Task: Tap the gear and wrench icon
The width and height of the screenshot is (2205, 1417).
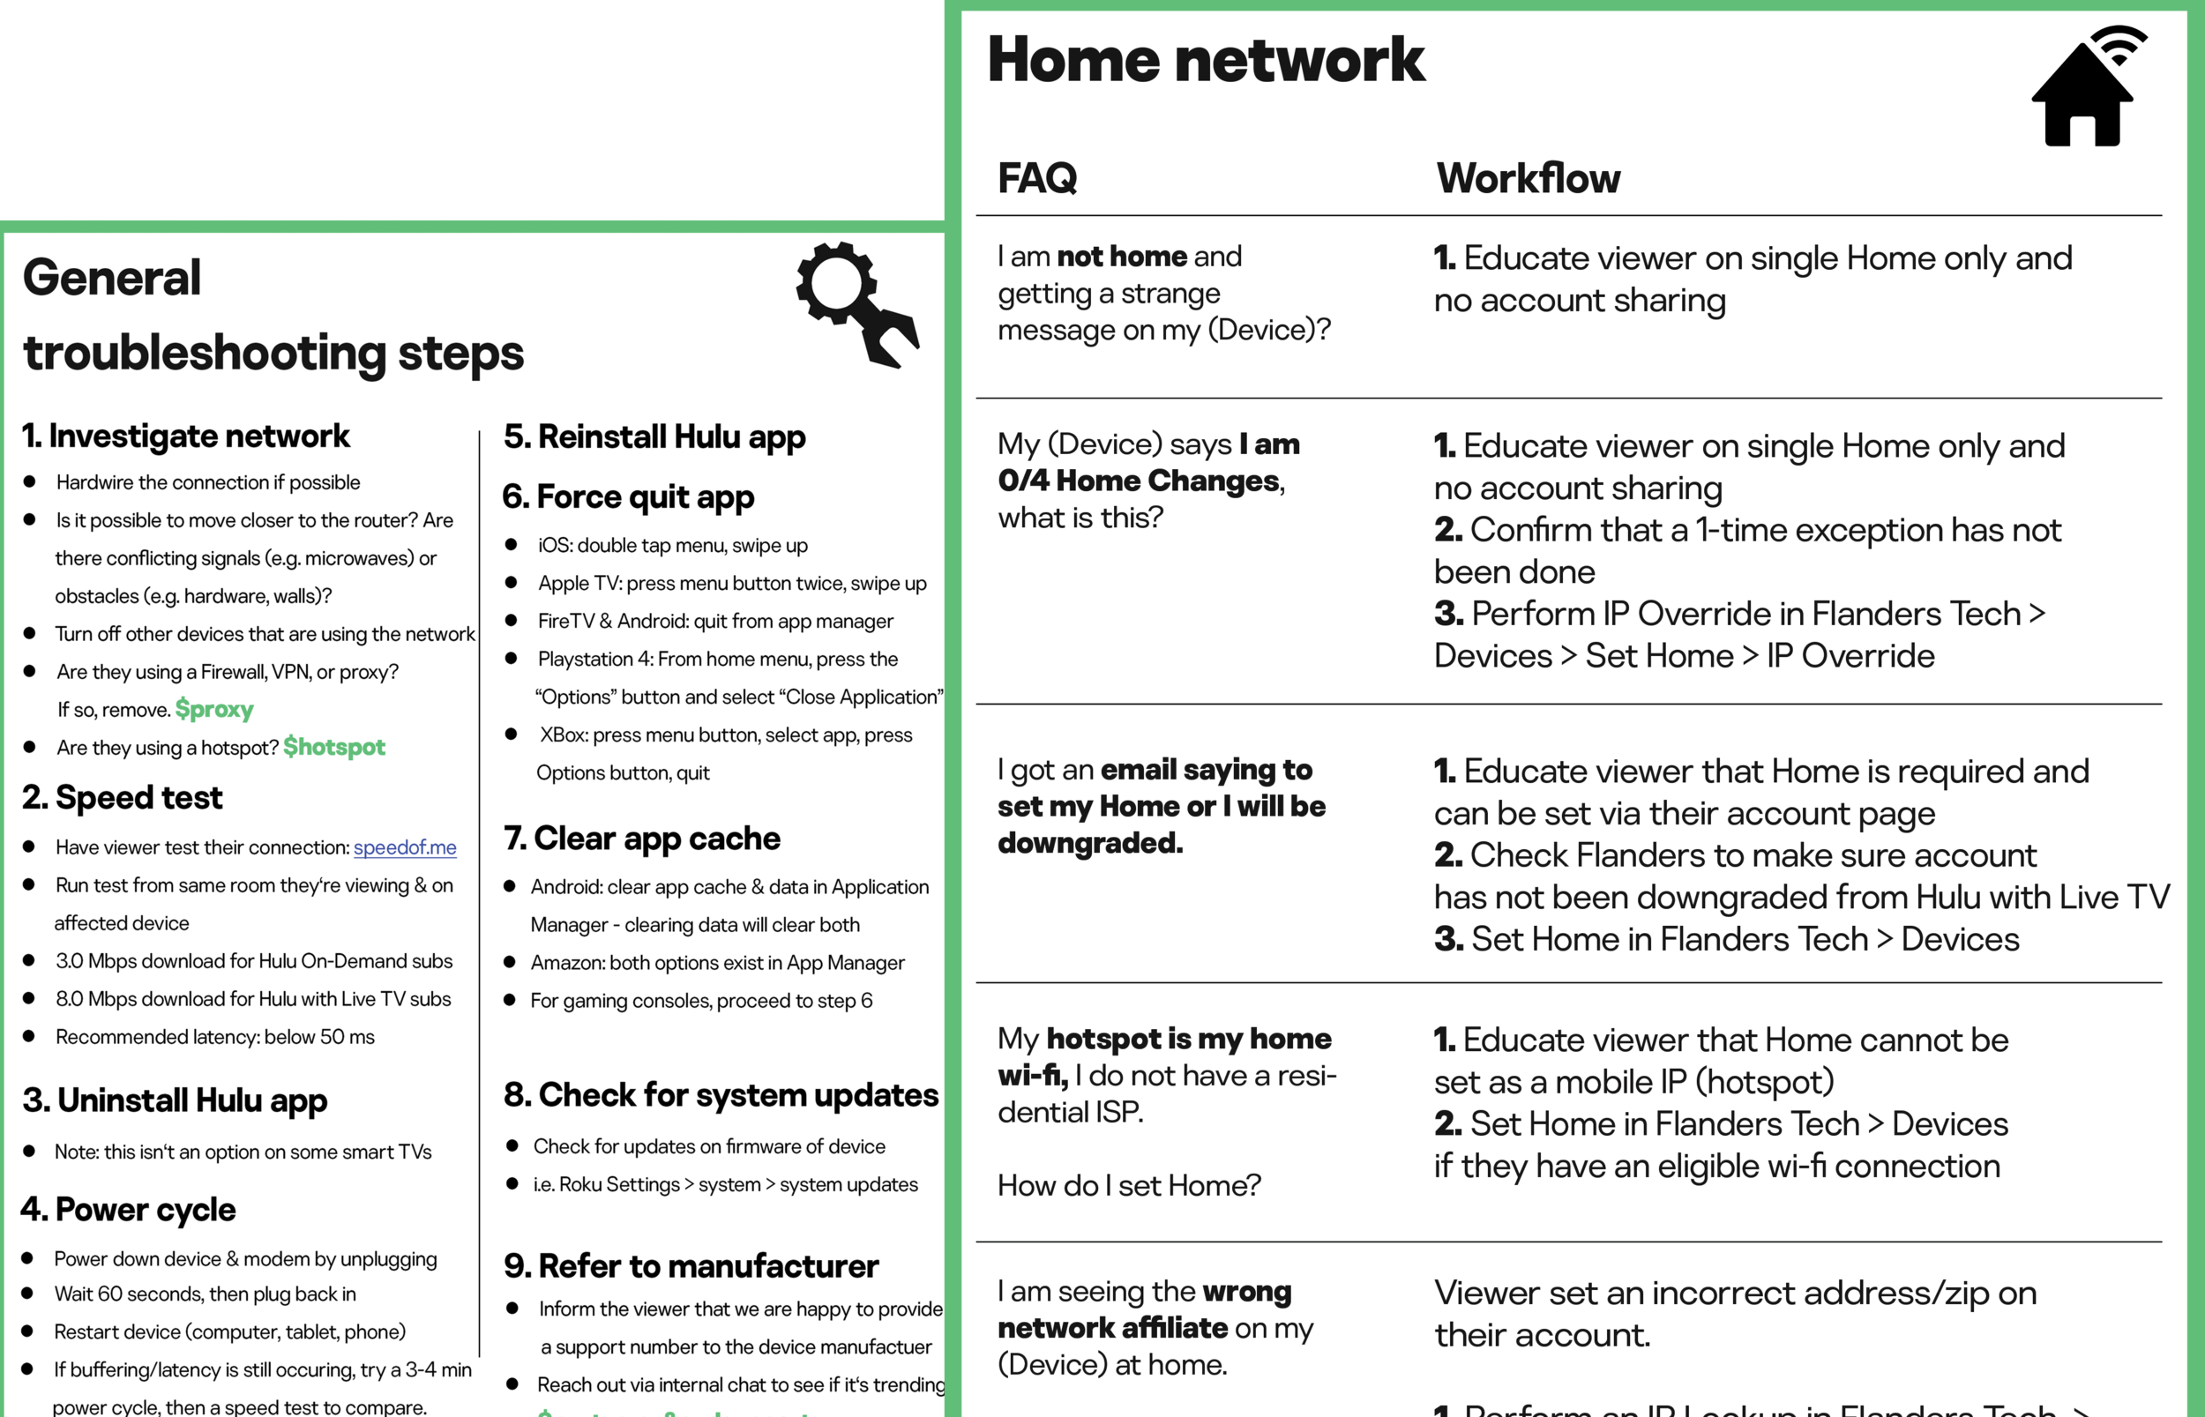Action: click(856, 303)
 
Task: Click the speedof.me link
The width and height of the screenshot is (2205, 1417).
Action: click(405, 847)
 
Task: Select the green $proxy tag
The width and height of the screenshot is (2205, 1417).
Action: click(214, 710)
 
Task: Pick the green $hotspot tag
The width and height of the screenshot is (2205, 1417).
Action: click(334, 747)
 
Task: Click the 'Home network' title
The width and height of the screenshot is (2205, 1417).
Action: click(1206, 60)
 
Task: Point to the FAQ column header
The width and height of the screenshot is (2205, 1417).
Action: click(1037, 177)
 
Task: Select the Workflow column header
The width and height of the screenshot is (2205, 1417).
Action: click(1528, 177)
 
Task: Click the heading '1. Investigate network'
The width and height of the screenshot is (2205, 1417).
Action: click(186, 436)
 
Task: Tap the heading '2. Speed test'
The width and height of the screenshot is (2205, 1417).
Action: click(123, 798)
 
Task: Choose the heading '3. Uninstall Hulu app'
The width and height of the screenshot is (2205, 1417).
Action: click(175, 1100)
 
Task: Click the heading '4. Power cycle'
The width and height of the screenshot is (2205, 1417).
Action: click(129, 1210)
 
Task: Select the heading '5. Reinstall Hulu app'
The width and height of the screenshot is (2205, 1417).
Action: click(654, 437)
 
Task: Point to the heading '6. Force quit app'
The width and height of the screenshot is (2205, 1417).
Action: click(629, 496)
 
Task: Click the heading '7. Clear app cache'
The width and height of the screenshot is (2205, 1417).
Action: click(642, 839)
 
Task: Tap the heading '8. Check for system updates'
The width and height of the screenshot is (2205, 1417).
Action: click(721, 1095)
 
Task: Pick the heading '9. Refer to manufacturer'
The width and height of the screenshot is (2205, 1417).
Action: click(691, 1266)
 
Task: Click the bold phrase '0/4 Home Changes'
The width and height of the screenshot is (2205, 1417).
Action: click(1140, 481)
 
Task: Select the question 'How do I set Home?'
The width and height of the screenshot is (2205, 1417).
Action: click(1129, 1185)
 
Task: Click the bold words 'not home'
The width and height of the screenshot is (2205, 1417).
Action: click(1122, 256)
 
